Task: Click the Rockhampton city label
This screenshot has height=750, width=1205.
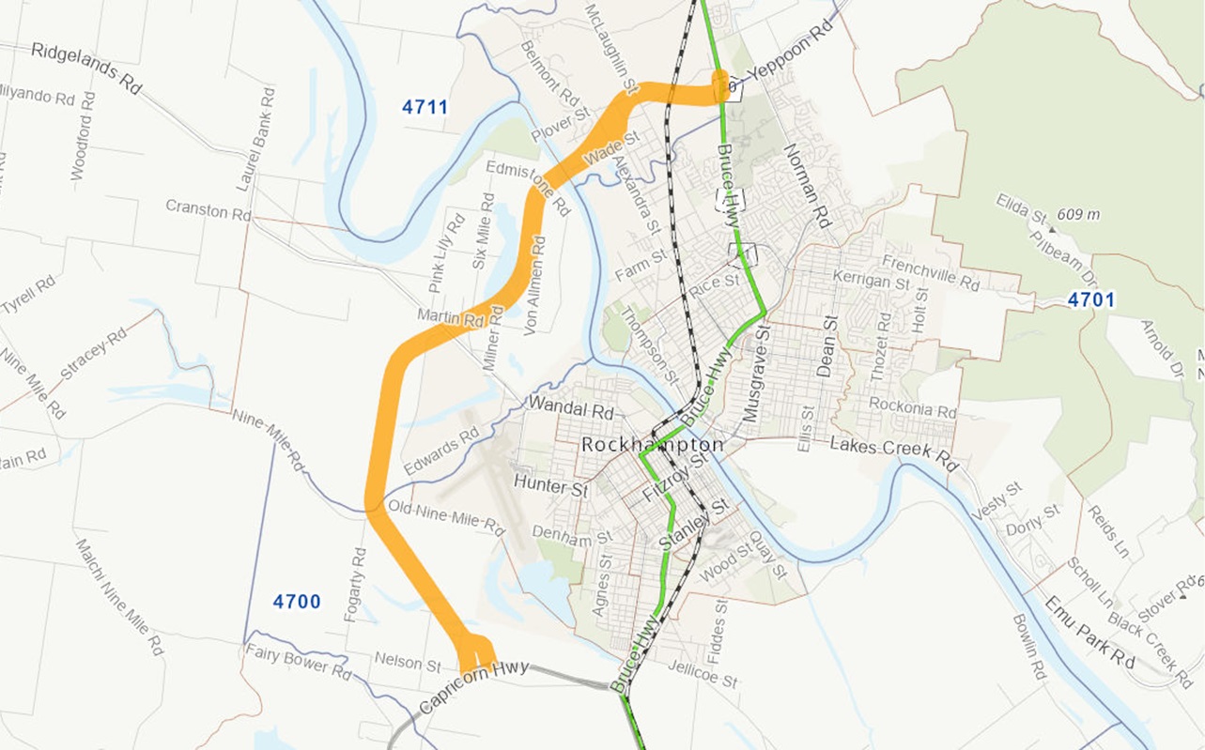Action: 652,445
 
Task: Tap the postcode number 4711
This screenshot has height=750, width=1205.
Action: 425,107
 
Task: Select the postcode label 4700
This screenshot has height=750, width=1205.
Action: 297,602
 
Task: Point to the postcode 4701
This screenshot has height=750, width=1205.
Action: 1090,300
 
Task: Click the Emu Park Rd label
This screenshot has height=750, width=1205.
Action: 1089,632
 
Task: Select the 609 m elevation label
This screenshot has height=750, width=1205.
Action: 1077,215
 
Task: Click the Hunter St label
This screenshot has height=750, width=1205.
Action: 550,486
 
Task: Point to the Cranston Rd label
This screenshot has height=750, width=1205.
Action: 209,209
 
